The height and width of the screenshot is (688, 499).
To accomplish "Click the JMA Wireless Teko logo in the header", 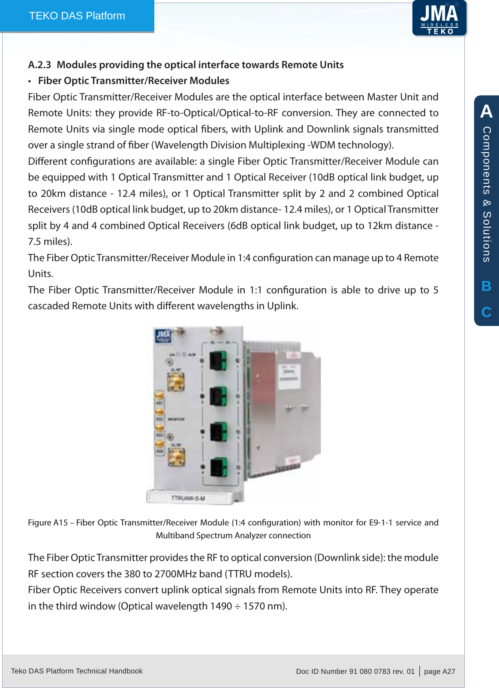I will [439, 18].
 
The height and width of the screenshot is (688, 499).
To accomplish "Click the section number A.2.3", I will [39, 65].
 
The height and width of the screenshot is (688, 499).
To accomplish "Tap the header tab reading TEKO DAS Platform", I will [77, 16].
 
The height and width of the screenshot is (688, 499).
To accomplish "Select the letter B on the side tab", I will [486, 286].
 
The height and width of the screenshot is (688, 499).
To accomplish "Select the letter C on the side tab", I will [486, 312].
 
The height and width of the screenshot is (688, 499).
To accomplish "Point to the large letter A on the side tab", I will [486, 112].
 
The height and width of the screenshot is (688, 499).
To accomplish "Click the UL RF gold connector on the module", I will [176, 457].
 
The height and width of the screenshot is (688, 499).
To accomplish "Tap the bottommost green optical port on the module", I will [219, 468].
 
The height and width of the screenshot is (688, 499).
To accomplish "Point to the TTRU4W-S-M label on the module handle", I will [188, 498].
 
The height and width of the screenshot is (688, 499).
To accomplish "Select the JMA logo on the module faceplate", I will [163, 335].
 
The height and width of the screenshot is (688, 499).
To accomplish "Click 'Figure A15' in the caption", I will [48, 522].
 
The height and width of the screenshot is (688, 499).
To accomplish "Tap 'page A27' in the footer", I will [439, 671].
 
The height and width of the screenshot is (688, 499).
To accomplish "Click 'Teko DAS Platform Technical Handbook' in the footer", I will [77, 671].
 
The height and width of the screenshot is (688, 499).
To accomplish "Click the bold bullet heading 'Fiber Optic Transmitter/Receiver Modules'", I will [133, 81].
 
